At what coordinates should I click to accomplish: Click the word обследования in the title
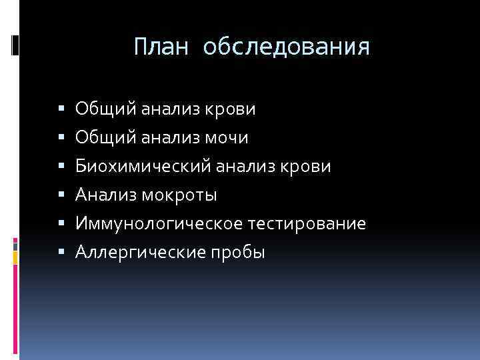tap(286, 47)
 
